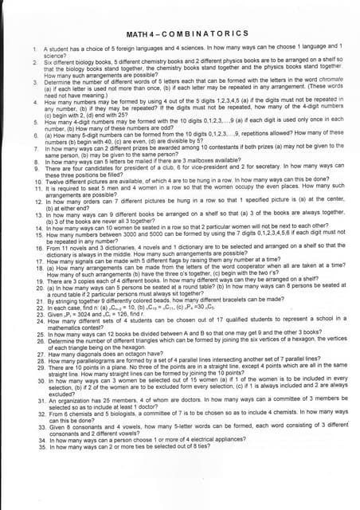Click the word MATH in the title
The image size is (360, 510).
tap(141, 36)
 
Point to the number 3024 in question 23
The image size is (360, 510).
tap(80, 316)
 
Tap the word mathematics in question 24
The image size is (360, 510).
tap(62, 329)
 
